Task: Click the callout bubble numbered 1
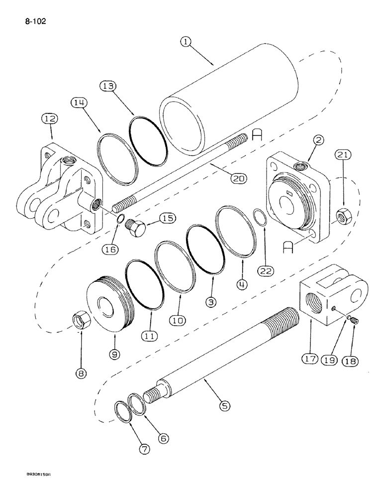(x=186, y=43)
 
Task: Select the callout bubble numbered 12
(x=50, y=119)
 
